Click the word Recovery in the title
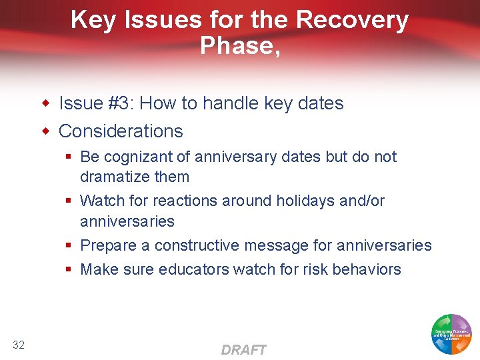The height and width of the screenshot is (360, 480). [352, 20]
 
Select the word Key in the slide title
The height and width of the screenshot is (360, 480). [93, 20]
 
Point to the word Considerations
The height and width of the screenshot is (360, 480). [121, 131]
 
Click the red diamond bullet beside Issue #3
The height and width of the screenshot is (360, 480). [46, 104]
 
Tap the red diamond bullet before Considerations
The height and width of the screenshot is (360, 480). [46, 131]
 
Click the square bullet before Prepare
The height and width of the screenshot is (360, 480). [69, 246]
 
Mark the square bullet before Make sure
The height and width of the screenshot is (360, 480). [69, 270]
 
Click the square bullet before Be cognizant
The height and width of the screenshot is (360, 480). [69, 157]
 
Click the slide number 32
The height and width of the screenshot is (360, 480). [19, 344]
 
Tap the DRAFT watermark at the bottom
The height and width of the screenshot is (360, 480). [243, 350]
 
